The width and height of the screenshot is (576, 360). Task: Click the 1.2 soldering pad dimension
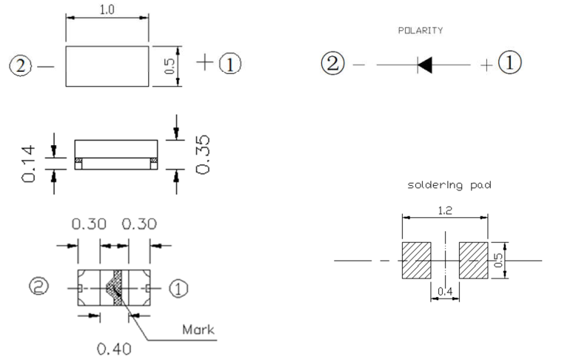pyautogui.click(x=443, y=210)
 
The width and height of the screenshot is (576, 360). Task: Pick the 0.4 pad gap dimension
pyautogui.click(x=444, y=293)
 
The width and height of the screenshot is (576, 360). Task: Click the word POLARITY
pyautogui.click(x=421, y=31)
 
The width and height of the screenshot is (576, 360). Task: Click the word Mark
pyautogui.click(x=198, y=329)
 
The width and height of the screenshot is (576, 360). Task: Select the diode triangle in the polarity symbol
pyautogui.click(x=424, y=64)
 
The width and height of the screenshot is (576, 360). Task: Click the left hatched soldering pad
pyautogui.click(x=415, y=260)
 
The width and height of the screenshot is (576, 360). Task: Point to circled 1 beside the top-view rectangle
pyautogui.click(x=230, y=64)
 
